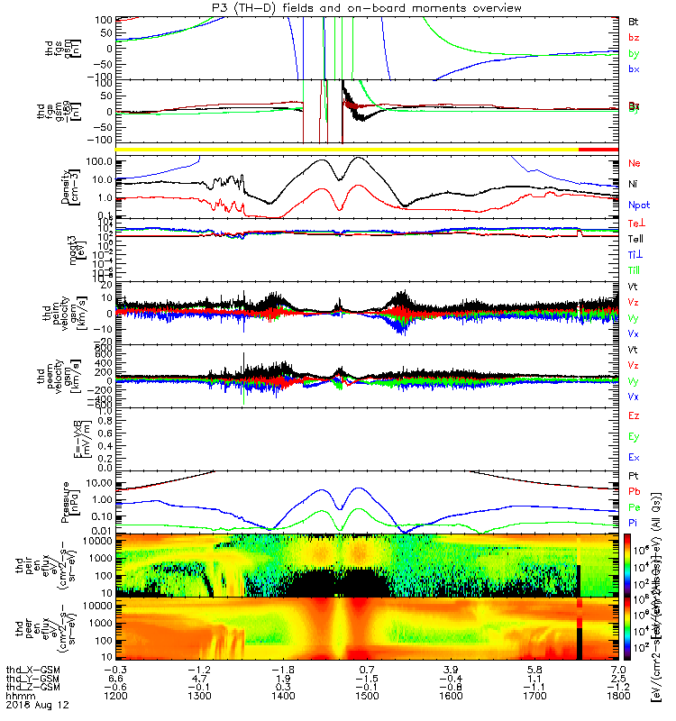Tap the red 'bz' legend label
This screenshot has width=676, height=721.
click(635, 37)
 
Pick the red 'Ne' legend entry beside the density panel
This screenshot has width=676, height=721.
click(635, 164)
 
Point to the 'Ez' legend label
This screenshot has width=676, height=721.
click(635, 416)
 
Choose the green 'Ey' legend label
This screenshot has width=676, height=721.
click(635, 437)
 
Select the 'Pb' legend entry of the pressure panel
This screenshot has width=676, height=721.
click(635, 489)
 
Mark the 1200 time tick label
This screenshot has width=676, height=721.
click(115, 698)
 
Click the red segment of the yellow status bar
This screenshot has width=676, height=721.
click(598, 149)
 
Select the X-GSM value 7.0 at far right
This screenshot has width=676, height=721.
click(617, 668)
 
